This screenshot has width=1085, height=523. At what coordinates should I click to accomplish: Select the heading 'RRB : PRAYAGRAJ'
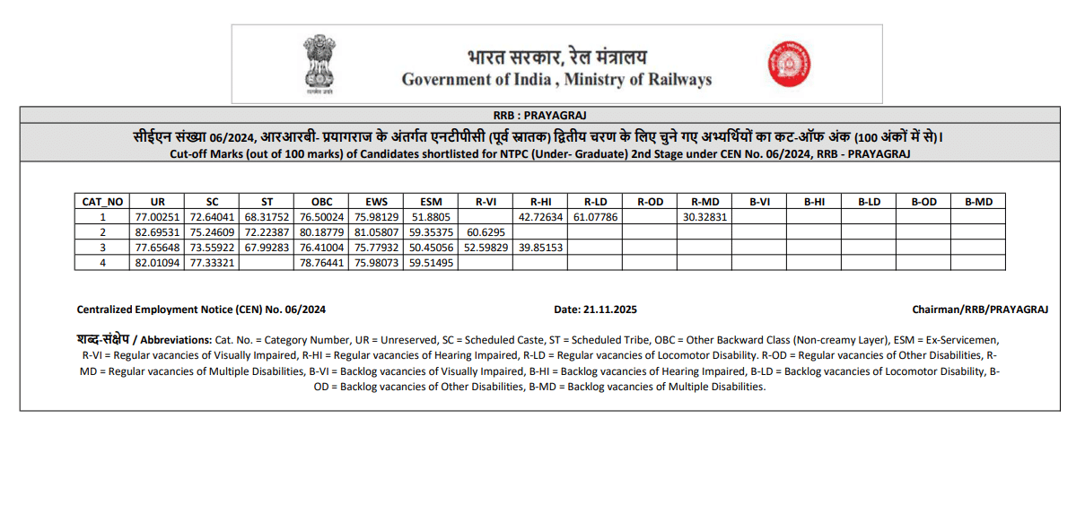pyautogui.click(x=540, y=115)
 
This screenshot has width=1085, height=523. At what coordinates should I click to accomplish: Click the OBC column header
pyautogui.click(x=321, y=202)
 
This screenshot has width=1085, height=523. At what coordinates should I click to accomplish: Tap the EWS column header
pyautogui.click(x=376, y=202)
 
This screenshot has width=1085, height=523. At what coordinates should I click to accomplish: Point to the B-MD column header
pyautogui.click(x=978, y=202)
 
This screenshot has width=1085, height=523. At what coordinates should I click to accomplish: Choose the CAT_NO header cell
pyautogui.click(x=102, y=202)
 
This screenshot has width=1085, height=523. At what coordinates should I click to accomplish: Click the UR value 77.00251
pyautogui.click(x=158, y=217)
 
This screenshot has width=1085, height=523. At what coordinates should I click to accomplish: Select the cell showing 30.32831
pyautogui.click(x=704, y=217)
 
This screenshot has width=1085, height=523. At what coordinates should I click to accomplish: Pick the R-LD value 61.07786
pyautogui.click(x=595, y=217)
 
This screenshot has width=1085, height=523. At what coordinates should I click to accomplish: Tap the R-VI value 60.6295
pyautogui.click(x=486, y=232)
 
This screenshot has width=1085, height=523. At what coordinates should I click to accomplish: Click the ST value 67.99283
pyautogui.click(x=267, y=248)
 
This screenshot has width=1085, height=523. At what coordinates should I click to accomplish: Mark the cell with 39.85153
pyautogui.click(x=540, y=248)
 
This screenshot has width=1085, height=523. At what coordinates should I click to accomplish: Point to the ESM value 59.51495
pyautogui.click(x=431, y=263)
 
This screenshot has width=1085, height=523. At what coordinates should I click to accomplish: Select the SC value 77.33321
pyautogui.click(x=213, y=263)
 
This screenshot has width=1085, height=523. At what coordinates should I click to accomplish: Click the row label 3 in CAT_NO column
pyautogui.click(x=102, y=248)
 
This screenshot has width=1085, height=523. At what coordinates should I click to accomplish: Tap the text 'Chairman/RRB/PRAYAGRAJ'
pyautogui.click(x=980, y=309)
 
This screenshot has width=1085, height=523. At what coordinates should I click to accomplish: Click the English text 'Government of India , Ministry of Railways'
pyautogui.click(x=556, y=80)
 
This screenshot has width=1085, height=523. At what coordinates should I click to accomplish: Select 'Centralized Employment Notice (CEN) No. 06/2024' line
pyautogui.click(x=201, y=309)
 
